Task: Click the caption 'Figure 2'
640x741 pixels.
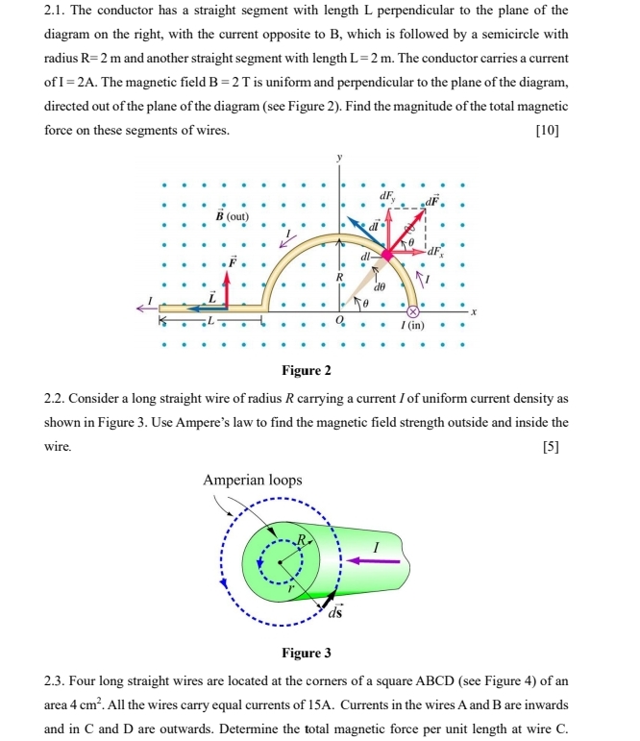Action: [306, 371]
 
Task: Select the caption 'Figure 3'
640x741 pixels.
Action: [306, 654]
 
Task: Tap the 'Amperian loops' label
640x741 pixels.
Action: [253, 480]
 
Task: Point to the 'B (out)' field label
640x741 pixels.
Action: [231, 216]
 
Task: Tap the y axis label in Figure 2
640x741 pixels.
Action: [338, 157]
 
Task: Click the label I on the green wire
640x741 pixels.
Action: [377, 544]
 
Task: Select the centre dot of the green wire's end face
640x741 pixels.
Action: [280, 562]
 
